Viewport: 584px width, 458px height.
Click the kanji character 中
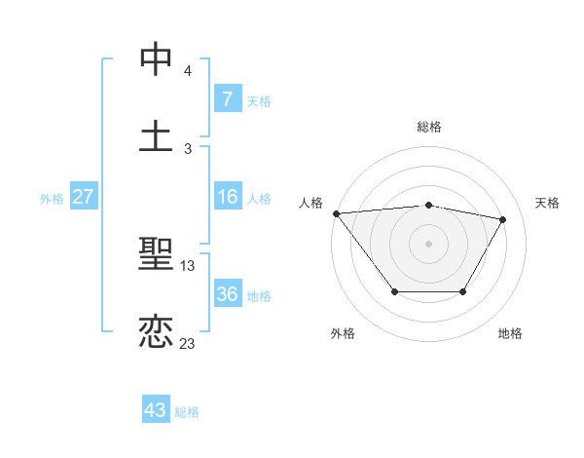tap(156, 59)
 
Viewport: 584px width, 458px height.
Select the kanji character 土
tap(156, 135)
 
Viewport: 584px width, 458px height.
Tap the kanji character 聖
tap(156, 255)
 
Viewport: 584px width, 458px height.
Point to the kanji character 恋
tap(156, 332)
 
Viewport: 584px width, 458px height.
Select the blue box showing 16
tap(227, 198)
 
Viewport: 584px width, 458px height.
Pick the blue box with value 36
tap(227, 294)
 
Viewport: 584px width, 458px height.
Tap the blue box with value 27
tap(83, 198)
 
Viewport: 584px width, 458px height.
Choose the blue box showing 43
tap(156, 410)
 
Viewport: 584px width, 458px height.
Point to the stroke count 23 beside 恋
tap(188, 343)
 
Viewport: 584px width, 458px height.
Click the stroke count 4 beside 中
tap(188, 71)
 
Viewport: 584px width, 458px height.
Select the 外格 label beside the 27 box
tap(52, 199)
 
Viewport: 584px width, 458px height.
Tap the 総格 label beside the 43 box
tap(187, 412)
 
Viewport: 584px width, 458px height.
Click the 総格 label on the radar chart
tap(428, 127)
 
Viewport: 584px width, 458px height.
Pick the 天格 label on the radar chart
tap(547, 203)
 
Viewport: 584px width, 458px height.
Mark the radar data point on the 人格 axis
tap(336, 213)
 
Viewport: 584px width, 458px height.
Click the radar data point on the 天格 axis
tap(503, 219)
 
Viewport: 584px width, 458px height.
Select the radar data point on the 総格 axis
tap(428, 205)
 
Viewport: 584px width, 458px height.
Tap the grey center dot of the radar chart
tap(428, 244)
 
